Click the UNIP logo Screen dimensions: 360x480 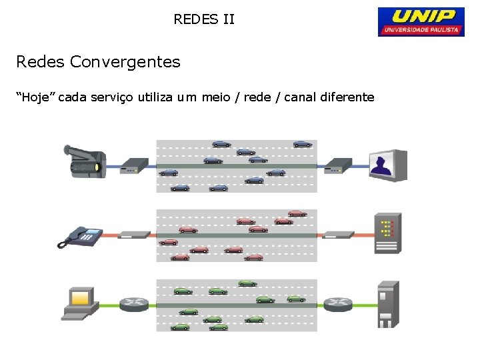coord(421,21)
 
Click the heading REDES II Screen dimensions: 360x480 coord(204,19)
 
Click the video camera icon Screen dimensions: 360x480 coord(83,161)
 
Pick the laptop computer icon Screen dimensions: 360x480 coord(79,303)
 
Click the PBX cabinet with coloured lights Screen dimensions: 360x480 coord(387,233)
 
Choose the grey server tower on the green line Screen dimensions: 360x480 coord(388,304)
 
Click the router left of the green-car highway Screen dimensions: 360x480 coord(134,304)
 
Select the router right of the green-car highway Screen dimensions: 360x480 coord(339,304)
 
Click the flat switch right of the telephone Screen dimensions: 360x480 coord(136,234)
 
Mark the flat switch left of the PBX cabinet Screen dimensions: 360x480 coord(339,234)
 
